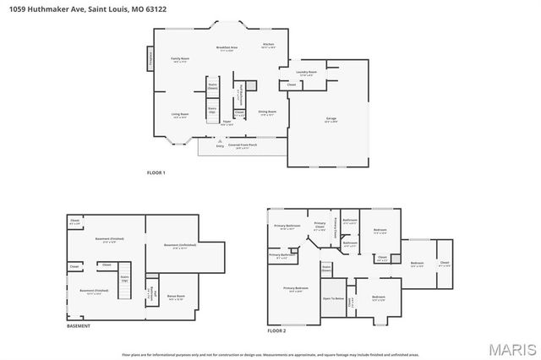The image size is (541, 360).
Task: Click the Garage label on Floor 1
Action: click(330, 121)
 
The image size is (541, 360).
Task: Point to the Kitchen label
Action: click(268, 44)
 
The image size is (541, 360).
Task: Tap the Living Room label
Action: click(180, 115)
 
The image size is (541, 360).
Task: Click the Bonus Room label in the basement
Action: click(176, 297)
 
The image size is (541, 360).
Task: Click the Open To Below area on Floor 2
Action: click(333, 298)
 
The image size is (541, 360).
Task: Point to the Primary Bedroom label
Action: click(295, 289)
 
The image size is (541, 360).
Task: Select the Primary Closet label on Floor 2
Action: click(319, 226)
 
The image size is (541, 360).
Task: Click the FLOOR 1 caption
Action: click(156, 172)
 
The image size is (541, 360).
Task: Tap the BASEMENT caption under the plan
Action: click(79, 326)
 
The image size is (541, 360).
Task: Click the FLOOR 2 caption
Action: click(276, 330)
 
